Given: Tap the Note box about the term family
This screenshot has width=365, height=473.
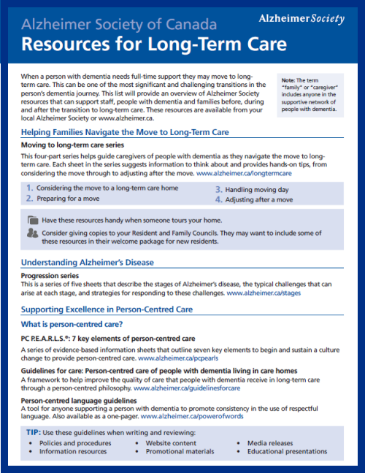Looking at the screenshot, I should point(310,94).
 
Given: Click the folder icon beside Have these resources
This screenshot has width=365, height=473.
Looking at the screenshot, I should point(32,220).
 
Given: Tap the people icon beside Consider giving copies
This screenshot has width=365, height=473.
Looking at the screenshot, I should point(32,233).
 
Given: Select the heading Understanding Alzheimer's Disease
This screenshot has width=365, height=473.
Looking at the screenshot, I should point(88,262).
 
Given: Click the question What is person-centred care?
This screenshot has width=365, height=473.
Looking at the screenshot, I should point(71,323).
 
